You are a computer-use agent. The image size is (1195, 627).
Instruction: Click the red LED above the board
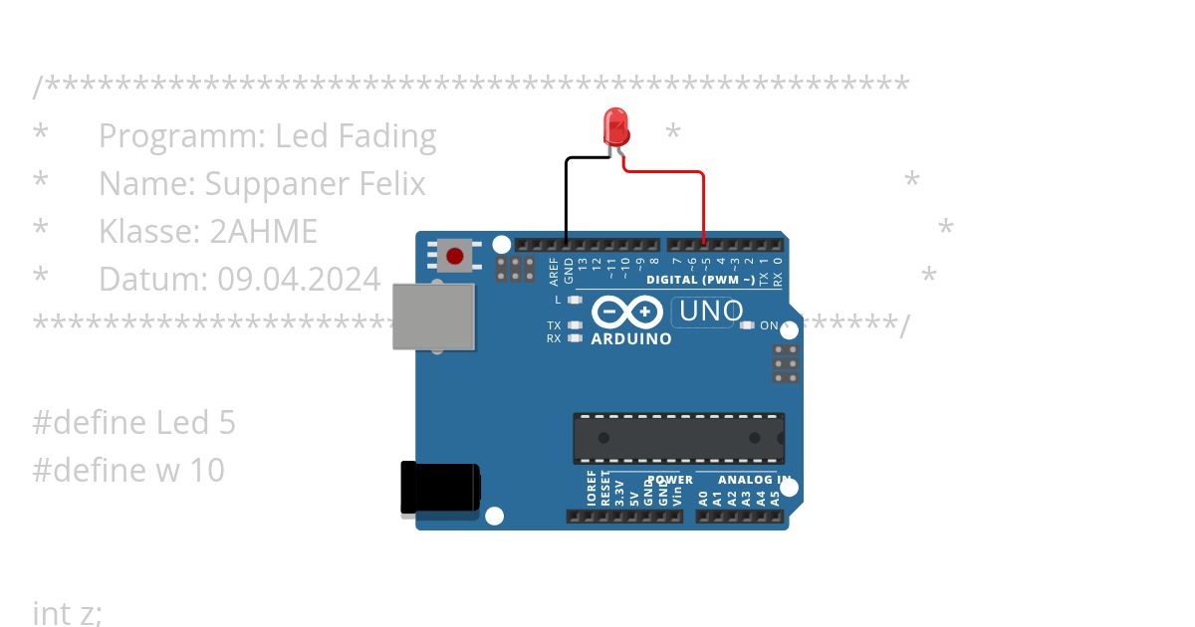pos(616,127)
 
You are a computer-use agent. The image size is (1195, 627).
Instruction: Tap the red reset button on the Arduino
pos(455,256)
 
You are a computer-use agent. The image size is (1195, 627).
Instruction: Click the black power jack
pos(439,489)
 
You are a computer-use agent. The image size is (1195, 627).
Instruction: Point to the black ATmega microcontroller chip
pos(678,438)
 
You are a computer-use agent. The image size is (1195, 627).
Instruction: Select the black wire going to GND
pos(567,199)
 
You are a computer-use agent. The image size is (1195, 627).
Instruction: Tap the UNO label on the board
pos(710,312)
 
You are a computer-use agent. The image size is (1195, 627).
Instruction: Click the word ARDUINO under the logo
pos(631,338)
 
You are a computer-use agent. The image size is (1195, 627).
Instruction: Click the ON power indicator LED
pos(747,325)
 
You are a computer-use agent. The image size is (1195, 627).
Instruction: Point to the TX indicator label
pos(554,325)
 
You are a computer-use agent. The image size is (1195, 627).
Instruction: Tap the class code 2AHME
pos(263,231)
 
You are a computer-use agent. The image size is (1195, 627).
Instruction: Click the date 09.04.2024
pos(299,279)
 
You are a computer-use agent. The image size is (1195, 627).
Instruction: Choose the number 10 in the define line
pos(207,470)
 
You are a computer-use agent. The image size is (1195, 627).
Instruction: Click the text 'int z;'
pos(68,613)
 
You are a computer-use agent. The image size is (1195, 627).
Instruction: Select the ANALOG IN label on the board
pos(758,480)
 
